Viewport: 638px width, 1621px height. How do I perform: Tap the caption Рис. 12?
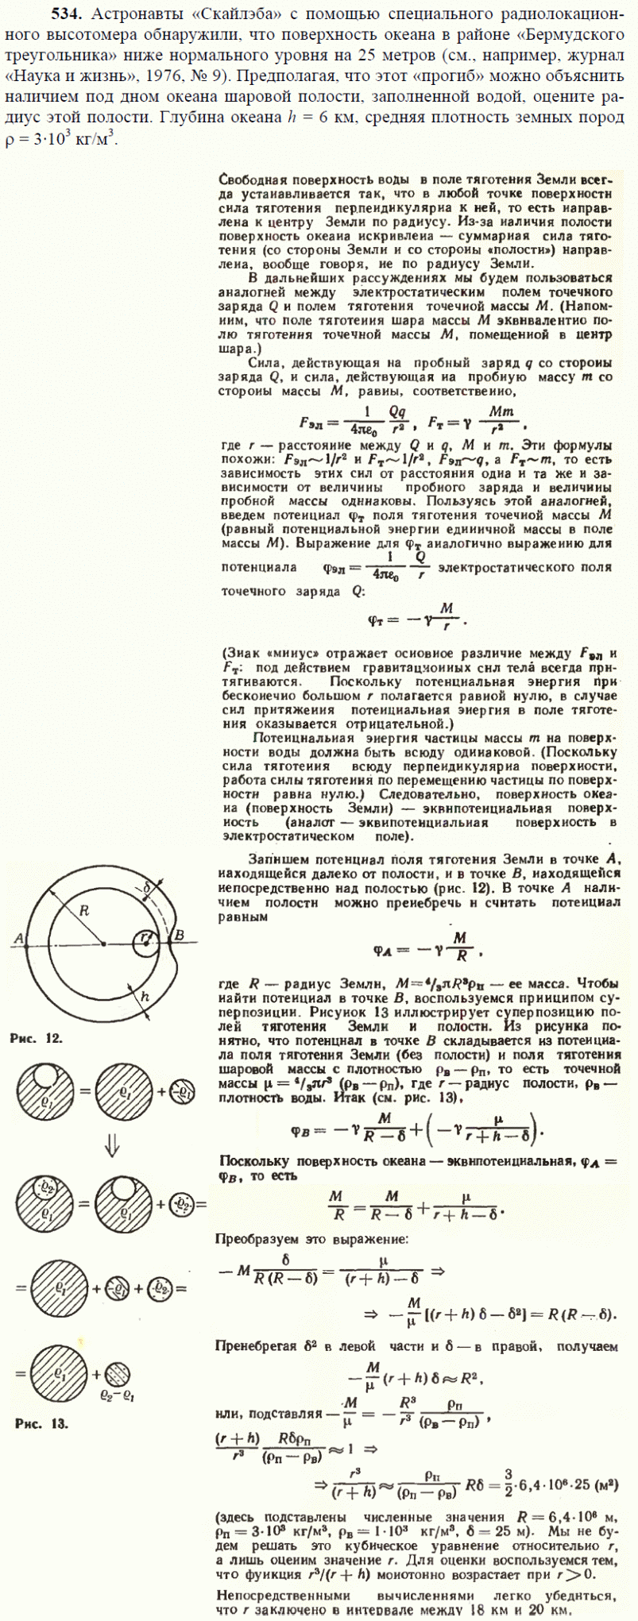[37, 1038]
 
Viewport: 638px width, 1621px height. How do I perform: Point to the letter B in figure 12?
[180, 935]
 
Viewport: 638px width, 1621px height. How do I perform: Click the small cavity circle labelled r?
[145, 939]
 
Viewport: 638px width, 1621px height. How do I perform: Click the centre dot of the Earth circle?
[103, 943]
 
